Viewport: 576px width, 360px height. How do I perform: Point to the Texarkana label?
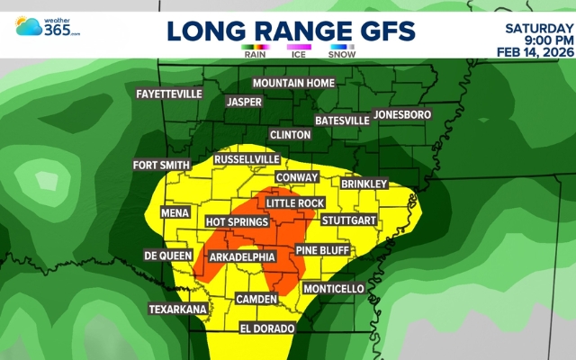coord(178,309)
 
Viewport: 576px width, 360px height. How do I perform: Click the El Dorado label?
coord(266,328)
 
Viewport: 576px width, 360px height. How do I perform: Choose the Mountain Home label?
coord(292,83)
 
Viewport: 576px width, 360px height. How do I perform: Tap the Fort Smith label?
coord(161,165)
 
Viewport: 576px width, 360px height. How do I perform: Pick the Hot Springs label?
coord(237,221)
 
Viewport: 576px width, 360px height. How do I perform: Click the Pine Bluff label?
coord(320,249)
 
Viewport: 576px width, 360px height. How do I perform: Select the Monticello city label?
coord(333,289)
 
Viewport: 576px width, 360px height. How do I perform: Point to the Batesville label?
coord(342,120)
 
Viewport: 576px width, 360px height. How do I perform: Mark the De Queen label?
coord(168,256)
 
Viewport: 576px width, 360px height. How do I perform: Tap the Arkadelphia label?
coord(243,257)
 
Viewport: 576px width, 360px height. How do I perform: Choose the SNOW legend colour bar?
coord(341,45)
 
